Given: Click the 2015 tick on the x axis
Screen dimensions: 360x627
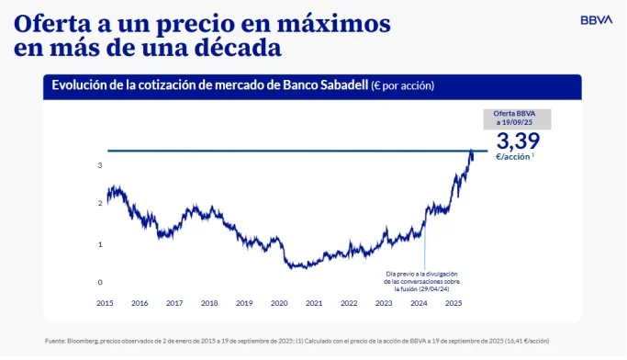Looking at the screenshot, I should click(x=106, y=302).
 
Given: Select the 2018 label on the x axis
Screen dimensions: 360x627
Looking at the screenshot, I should click(x=209, y=302).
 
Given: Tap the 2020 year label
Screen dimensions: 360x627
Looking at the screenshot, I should click(x=279, y=302).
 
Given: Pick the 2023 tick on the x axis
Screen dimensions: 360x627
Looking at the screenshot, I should click(x=384, y=302).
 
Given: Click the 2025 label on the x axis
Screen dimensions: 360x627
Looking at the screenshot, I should click(x=453, y=302).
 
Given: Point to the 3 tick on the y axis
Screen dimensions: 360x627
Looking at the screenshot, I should click(x=99, y=165).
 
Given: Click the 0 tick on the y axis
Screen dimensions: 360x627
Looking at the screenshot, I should click(x=99, y=282).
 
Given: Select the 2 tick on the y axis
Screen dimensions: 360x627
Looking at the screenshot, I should click(x=99, y=203).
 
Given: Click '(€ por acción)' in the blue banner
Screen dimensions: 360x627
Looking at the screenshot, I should click(x=402, y=85).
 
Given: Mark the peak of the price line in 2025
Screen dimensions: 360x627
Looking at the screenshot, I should click(x=472, y=151).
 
